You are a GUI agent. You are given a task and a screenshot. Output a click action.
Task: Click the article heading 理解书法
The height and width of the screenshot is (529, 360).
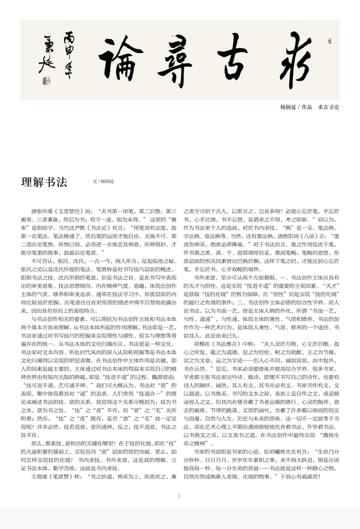[44, 182]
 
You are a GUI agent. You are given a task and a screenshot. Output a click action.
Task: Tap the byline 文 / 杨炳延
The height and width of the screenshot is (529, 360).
[104, 182]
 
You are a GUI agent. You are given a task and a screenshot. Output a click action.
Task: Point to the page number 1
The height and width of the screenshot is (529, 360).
[179, 496]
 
